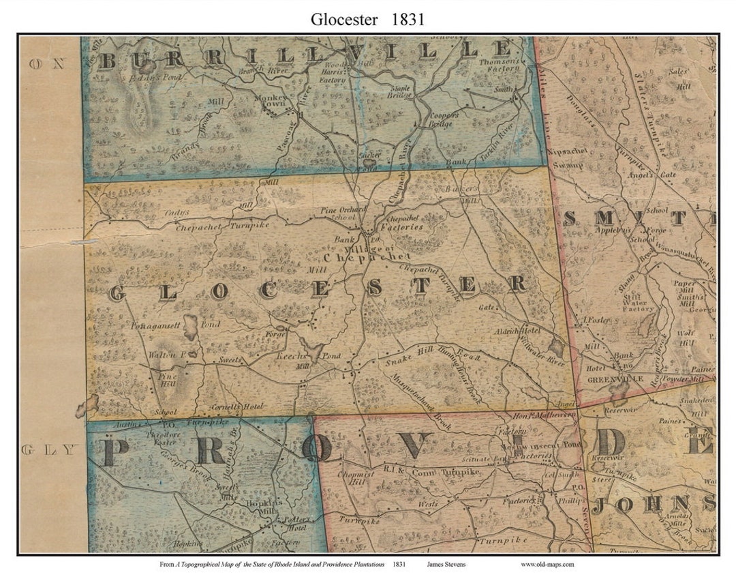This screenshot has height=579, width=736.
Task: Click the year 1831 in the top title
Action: pos(408,19)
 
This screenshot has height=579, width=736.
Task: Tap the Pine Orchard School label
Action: pos(343,213)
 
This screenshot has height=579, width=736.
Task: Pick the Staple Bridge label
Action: pos(400,92)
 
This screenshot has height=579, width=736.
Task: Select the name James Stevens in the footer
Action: pos(447,564)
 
